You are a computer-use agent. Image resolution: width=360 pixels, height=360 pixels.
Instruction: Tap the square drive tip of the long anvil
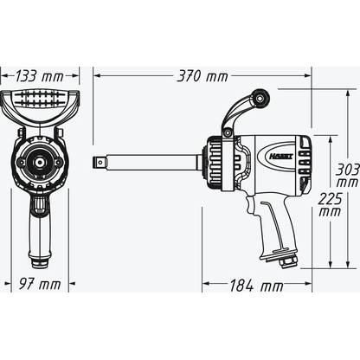coord(97,162)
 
